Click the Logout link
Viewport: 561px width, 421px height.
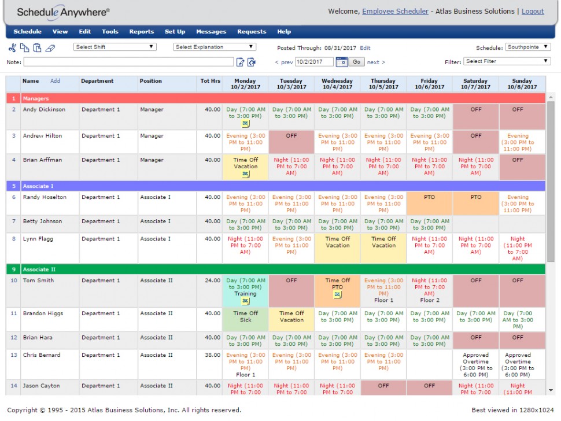[533, 11]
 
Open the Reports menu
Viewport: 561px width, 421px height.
[141, 32]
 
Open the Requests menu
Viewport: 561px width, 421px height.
[252, 32]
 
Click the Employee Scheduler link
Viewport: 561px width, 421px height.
[395, 11]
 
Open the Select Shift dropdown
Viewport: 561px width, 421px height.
[115, 47]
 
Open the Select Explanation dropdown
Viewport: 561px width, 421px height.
[215, 47]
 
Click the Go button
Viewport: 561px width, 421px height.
[356, 62]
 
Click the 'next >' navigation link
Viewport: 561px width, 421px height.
[376, 62]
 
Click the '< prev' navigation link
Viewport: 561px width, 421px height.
[283, 62]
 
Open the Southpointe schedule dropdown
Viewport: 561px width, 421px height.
[528, 47]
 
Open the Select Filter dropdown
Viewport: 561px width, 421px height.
[507, 61]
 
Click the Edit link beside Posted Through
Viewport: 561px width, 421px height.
[365, 48]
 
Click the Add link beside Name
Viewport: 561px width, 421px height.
[55, 81]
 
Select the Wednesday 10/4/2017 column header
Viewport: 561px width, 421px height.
[337, 84]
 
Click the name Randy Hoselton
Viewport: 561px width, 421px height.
[45, 197]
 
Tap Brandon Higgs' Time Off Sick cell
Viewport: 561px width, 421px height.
[245, 316]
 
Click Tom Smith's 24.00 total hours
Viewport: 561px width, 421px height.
[213, 280]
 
